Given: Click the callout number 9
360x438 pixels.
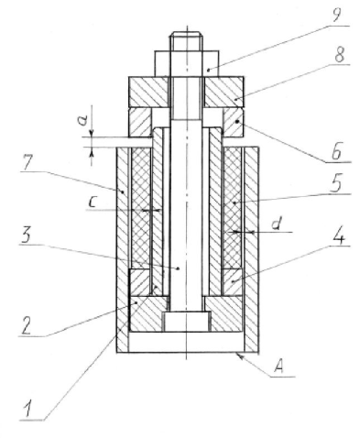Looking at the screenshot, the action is [336, 15].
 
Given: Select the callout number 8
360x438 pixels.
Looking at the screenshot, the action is [339, 55].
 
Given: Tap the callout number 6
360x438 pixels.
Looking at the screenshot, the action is [336, 151].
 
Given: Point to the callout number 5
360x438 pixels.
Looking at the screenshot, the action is [336, 183].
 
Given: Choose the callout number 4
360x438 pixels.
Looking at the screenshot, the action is [338, 235].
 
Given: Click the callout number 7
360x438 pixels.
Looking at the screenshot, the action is [27, 162].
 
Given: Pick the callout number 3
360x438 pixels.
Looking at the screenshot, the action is [26, 235].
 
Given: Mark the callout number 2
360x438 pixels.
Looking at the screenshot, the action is [26, 326].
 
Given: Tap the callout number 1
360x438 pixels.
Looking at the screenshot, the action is [27, 410].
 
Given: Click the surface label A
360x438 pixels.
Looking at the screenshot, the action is [278, 366].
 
